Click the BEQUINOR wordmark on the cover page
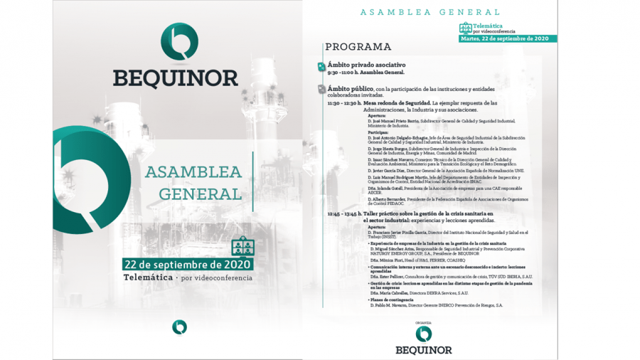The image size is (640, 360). coord(174,77)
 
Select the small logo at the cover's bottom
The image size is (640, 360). coord(179,327)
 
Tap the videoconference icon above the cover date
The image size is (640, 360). coord(242,245)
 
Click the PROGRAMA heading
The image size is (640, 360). coord(358,47)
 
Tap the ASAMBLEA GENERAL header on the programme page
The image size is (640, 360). coord(430,11)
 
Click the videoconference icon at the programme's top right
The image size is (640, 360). coord(466,28)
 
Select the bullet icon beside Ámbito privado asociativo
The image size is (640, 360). coord(321,66)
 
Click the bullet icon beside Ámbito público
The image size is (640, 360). coord(321,90)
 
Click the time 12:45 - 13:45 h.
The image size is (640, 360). coord(345,213)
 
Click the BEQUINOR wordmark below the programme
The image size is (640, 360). coord(424,349)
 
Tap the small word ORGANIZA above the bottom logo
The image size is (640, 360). coord(424,322)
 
